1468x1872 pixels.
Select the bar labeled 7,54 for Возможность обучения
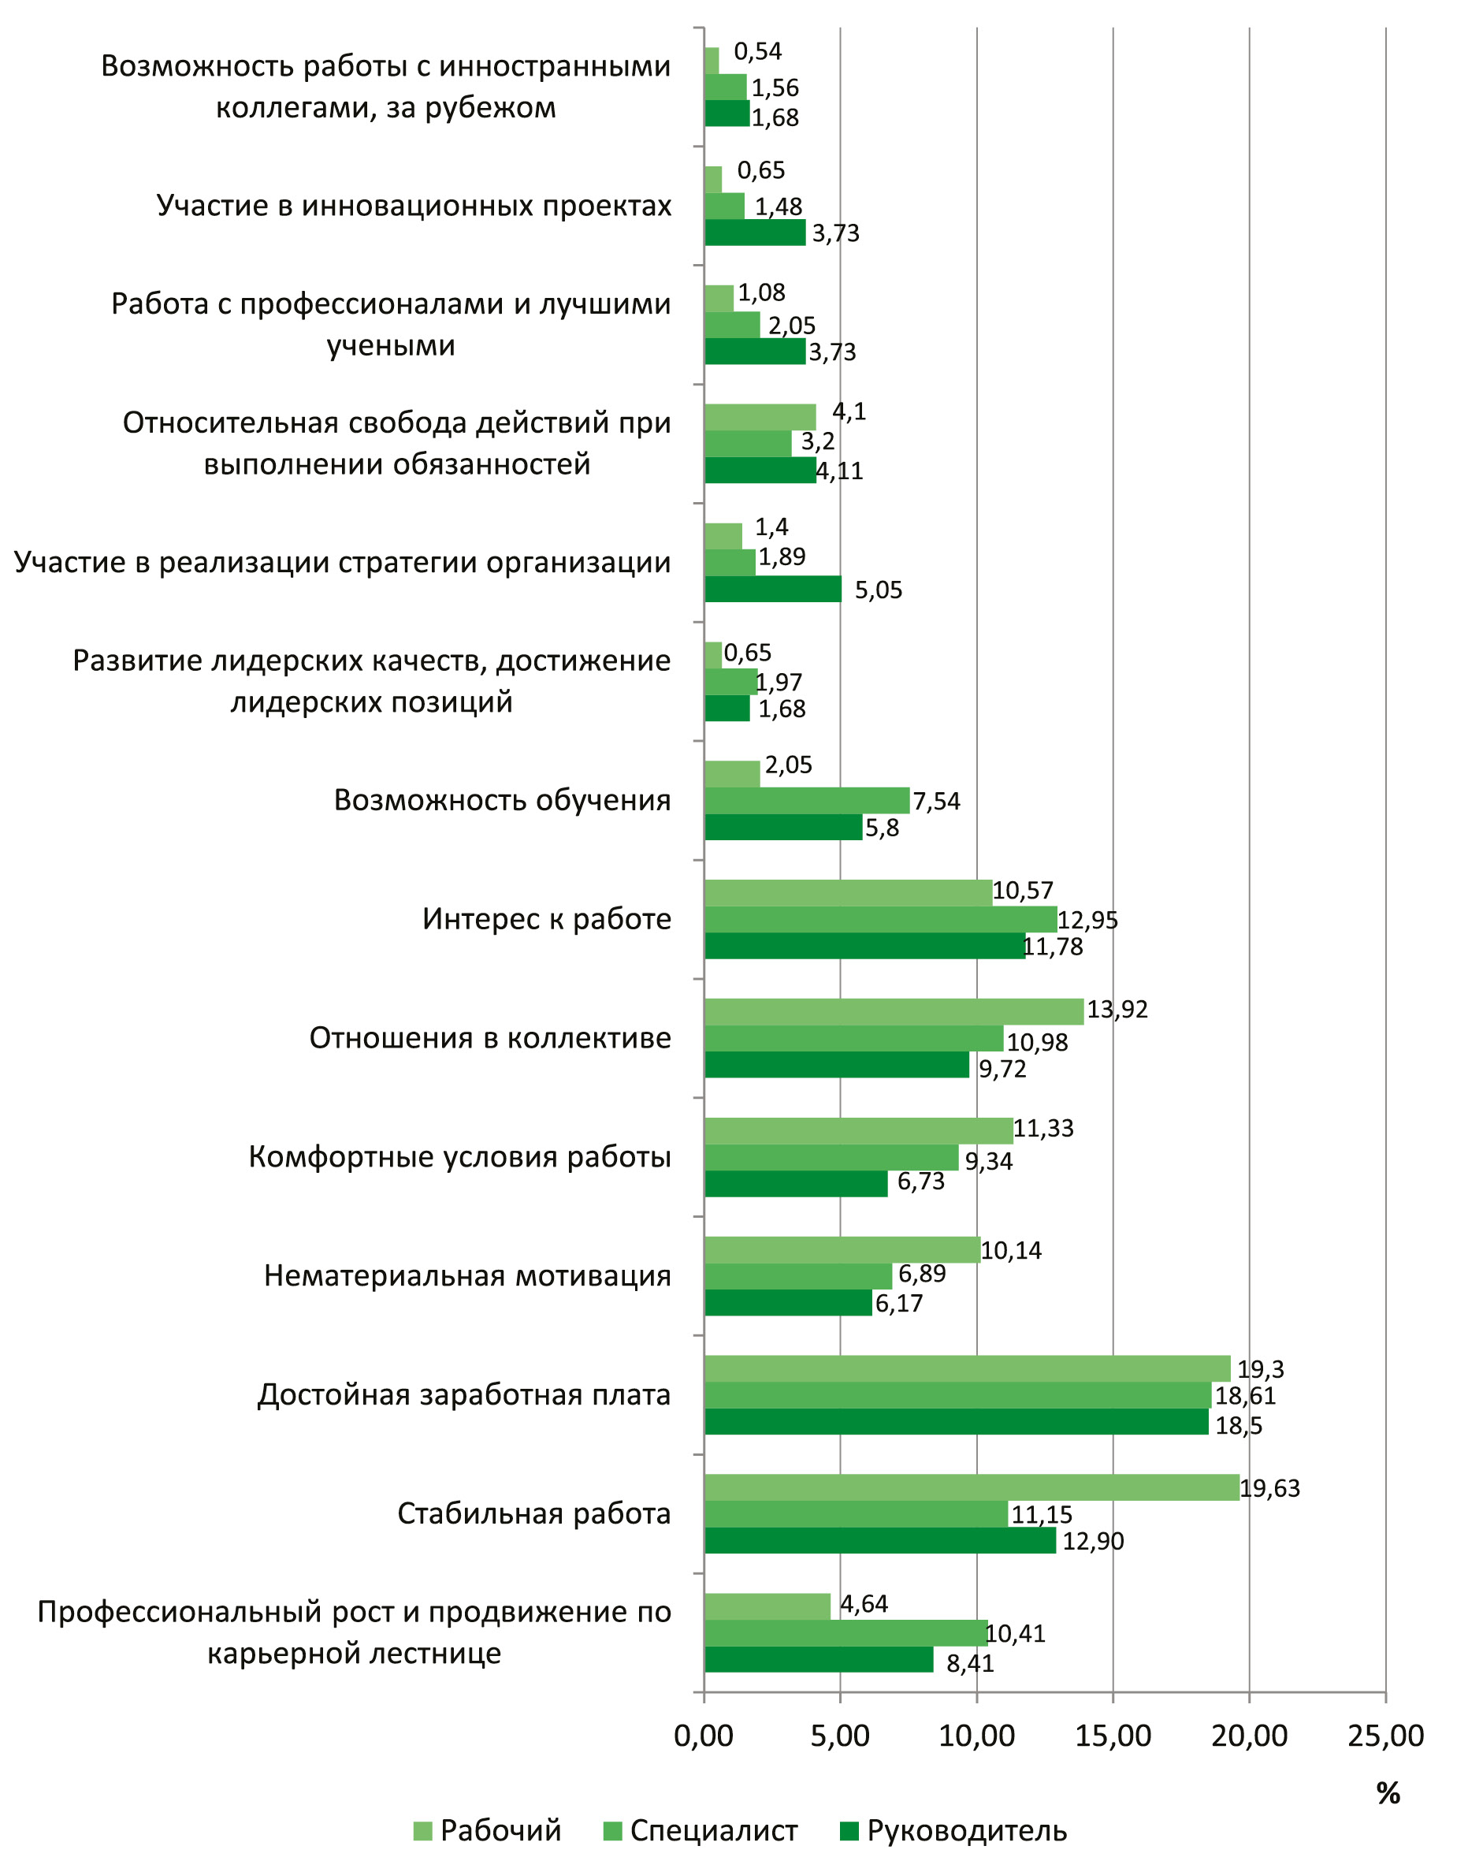806,800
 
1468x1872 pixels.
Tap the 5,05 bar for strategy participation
773,589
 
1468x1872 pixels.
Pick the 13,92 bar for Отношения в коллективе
894,1011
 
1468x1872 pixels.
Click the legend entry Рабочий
487,1831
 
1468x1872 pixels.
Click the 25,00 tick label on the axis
1385,1736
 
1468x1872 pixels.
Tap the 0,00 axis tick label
704,1736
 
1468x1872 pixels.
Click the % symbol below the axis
1388,1793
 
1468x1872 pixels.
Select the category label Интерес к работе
547,920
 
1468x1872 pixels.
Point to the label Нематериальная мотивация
467,1275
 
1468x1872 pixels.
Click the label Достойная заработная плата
464,1394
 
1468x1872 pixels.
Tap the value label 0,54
757,51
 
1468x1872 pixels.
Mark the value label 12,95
1087,921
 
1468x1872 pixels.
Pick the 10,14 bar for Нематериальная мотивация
842,1250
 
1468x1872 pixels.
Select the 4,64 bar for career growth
767,1606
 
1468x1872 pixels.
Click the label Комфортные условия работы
460,1157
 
